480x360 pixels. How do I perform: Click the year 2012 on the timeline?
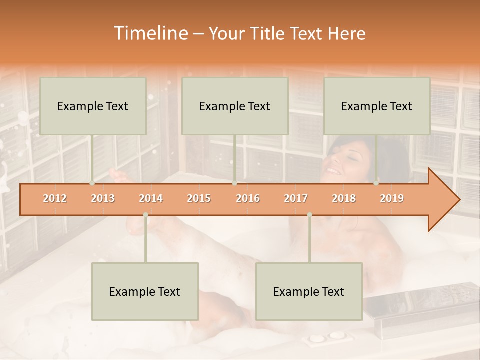pyautogui.click(x=55, y=198)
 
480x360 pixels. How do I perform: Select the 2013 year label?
pyautogui.click(x=103, y=198)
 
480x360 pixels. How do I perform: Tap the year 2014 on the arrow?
pyautogui.click(x=151, y=198)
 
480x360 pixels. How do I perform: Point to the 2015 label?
pyautogui.click(x=199, y=198)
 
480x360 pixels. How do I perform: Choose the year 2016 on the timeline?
pyautogui.click(x=248, y=198)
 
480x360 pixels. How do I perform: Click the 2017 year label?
pyautogui.click(x=296, y=198)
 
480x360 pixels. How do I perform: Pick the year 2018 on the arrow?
pyautogui.click(x=344, y=198)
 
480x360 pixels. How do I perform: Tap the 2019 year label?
pyautogui.click(x=392, y=198)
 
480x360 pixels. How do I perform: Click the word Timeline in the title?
pyautogui.click(x=149, y=33)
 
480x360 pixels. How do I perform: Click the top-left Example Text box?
pyautogui.click(x=93, y=106)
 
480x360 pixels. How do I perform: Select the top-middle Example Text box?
pyautogui.click(x=235, y=106)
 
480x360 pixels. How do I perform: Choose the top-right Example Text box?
pyautogui.click(x=377, y=106)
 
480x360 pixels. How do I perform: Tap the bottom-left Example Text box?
pyautogui.click(x=145, y=291)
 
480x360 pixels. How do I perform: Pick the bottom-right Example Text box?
pyautogui.click(x=309, y=291)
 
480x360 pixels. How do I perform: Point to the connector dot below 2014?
pyautogui.click(x=145, y=215)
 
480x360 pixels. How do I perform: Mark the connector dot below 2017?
pyautogui.click(x=309, y=215)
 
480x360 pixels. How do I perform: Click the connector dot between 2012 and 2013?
pyautogui.click(x=92, y=183)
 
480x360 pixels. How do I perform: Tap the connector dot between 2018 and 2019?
pyautogui.click(x=376, y=183)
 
